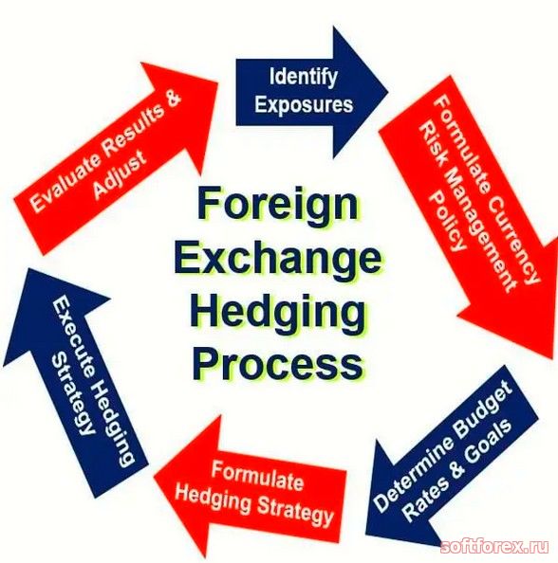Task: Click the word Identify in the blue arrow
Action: click(304, 78)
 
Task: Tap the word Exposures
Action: click(304, 104)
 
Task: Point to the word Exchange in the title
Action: click(278, 256)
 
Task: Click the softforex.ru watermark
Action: click(494, 547)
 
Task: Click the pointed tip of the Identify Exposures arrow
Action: click(388, 92)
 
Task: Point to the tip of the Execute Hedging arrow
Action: click(28, 269)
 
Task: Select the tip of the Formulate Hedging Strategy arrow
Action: click(154, 477)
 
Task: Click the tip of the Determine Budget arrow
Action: click(365, 534)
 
